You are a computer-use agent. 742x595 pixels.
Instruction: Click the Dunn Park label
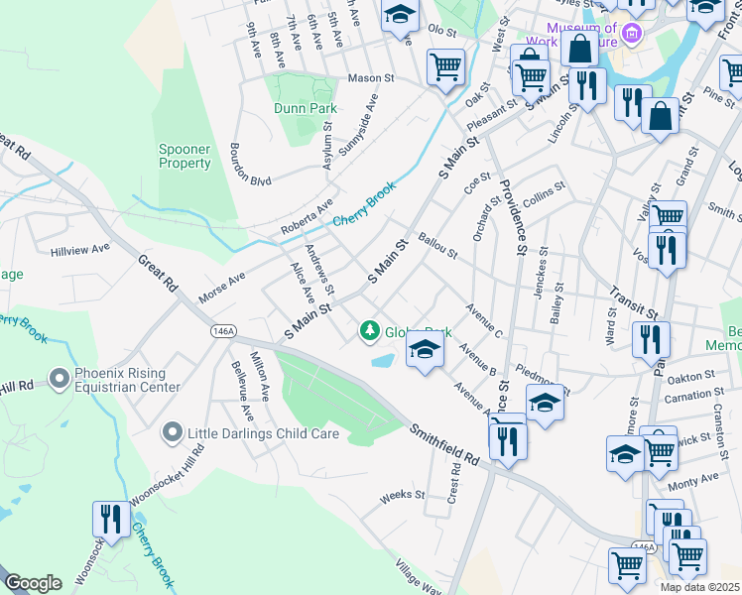click(x=305, y=108)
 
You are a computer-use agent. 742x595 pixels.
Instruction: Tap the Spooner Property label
click(x=185, y=157)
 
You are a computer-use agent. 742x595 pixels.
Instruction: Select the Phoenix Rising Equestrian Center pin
click(x=60, y=378)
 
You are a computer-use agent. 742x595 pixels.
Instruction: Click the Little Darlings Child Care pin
click(x=173, y=432)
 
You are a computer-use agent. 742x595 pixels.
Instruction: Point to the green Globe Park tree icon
click(x=369, y=329)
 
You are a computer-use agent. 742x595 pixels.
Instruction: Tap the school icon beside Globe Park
click(x=425, y=351)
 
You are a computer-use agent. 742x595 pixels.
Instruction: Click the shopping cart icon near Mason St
click(x=445, y=67)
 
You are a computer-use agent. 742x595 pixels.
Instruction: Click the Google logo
click(x=33, y=583)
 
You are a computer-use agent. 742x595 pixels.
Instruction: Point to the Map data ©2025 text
click(x=699, y=587)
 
